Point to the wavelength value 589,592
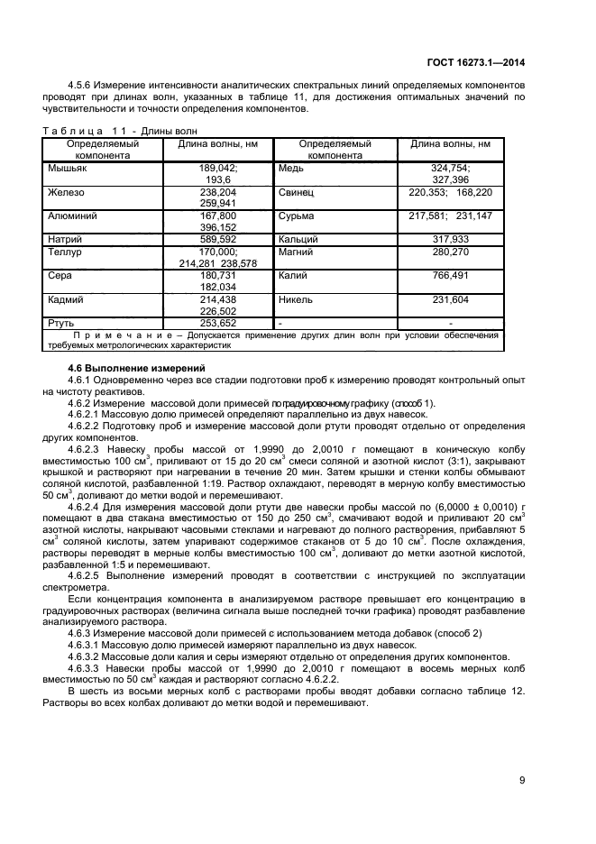[x=217, y=239]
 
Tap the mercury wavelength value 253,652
[x=217, y=322]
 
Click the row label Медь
[x=291, y=168]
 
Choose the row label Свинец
[x=296, y=192]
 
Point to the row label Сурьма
[x=297, y=216]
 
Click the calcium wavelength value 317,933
[x=450, y=239]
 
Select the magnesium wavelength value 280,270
[x=450, y=252]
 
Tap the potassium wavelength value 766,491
[x=450, y=276]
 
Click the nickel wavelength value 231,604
[x=450, y=298]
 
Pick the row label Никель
[x=297, y=298]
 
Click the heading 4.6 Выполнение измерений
[x=137, y=368]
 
